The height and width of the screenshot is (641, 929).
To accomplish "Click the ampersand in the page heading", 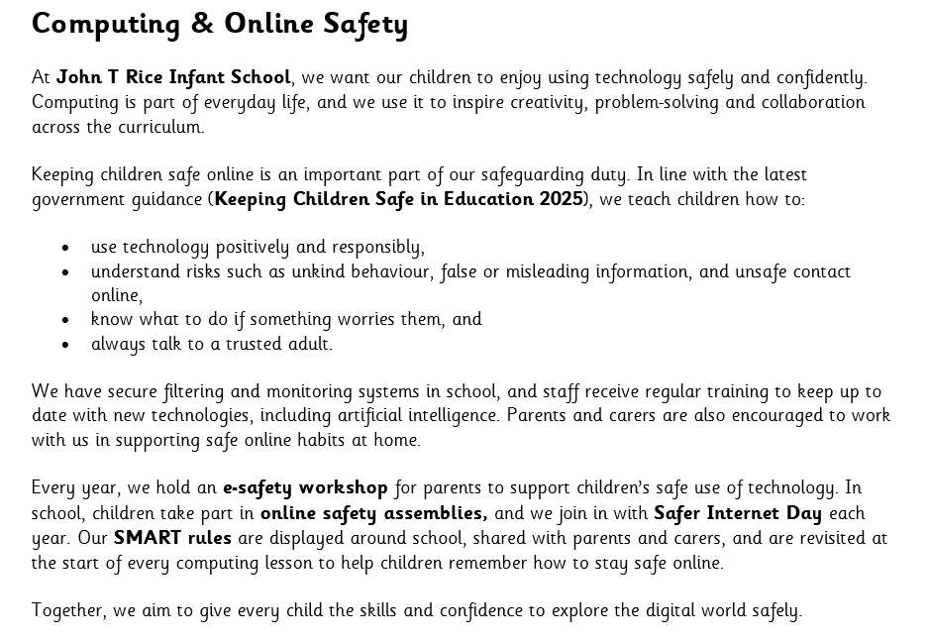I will (x=201, y=24).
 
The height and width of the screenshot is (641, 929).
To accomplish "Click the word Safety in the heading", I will (x=365, y=25).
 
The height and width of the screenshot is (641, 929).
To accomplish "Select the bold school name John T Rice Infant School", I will (x=173, y=77).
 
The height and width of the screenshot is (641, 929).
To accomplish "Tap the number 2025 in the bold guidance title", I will (x=561, y=199).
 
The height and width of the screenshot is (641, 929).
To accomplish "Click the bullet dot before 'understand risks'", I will (x=65, y=272).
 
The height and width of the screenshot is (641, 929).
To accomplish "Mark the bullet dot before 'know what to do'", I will (x=65, y=320).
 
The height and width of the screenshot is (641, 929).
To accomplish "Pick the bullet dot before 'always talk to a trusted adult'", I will (x=65, y=345).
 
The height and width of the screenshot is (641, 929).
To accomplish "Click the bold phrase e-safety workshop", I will (x=305, y=487).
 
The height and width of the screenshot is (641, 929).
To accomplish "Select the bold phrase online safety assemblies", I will (x=373, y=513).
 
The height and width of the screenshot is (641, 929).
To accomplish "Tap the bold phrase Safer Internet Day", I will (x=738, y=513).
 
